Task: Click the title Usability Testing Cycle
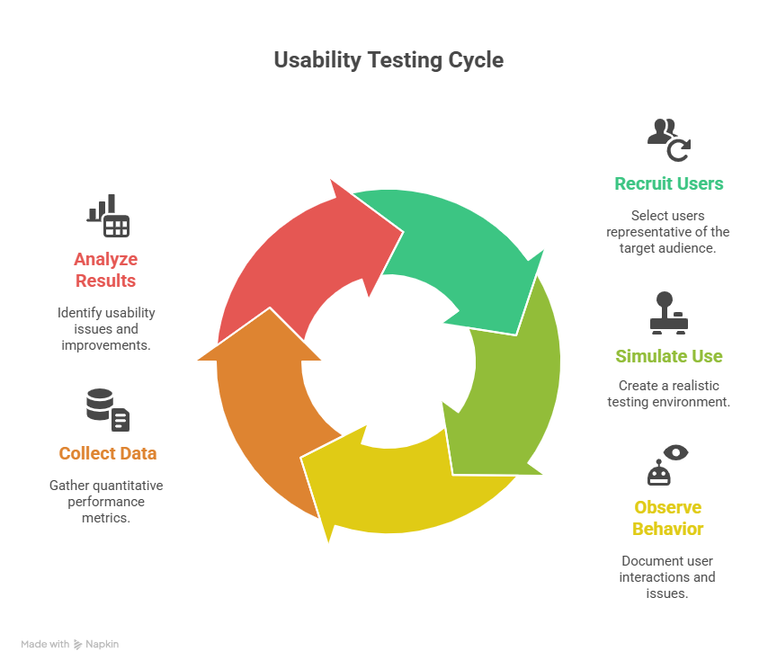(x=388, y=60)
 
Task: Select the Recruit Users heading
(x=668, y=183)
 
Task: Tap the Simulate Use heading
(x=668, y=356)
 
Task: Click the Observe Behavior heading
(x=667, y=518)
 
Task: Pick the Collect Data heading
(x=108, y=453)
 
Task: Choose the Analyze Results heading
(x=105, y=270)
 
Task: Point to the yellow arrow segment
(x=405, y=481)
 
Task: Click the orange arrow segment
(x=261, y=405)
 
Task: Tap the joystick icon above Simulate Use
(x=667, y=313)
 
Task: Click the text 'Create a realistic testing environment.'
(x=668, y=394)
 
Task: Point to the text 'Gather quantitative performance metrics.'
(x=106, y=502)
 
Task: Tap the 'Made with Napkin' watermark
(x=70, y=644)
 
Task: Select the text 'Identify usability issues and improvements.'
(x=106, y=329)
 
